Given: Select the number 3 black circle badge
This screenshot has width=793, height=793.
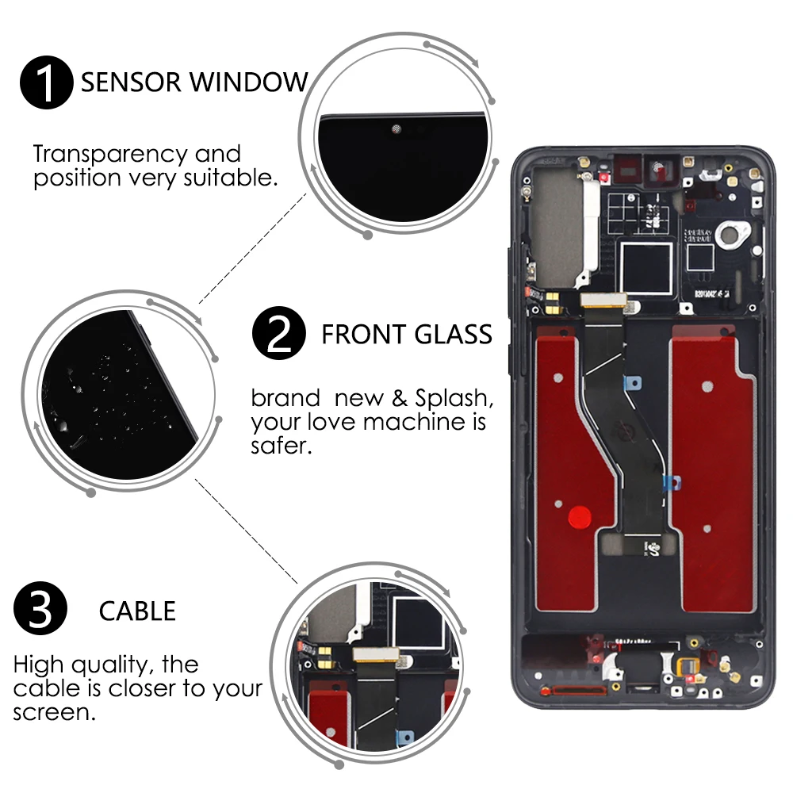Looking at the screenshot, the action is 40,611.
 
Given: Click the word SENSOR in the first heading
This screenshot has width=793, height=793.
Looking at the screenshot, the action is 128,82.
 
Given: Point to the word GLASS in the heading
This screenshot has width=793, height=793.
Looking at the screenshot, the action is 453,335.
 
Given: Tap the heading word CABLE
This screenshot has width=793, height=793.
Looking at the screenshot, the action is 137,611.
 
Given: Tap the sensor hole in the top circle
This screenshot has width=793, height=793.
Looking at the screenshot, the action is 396,128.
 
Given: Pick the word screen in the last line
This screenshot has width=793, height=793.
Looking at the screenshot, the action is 49,712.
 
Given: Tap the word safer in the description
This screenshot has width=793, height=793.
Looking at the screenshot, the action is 278,446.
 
